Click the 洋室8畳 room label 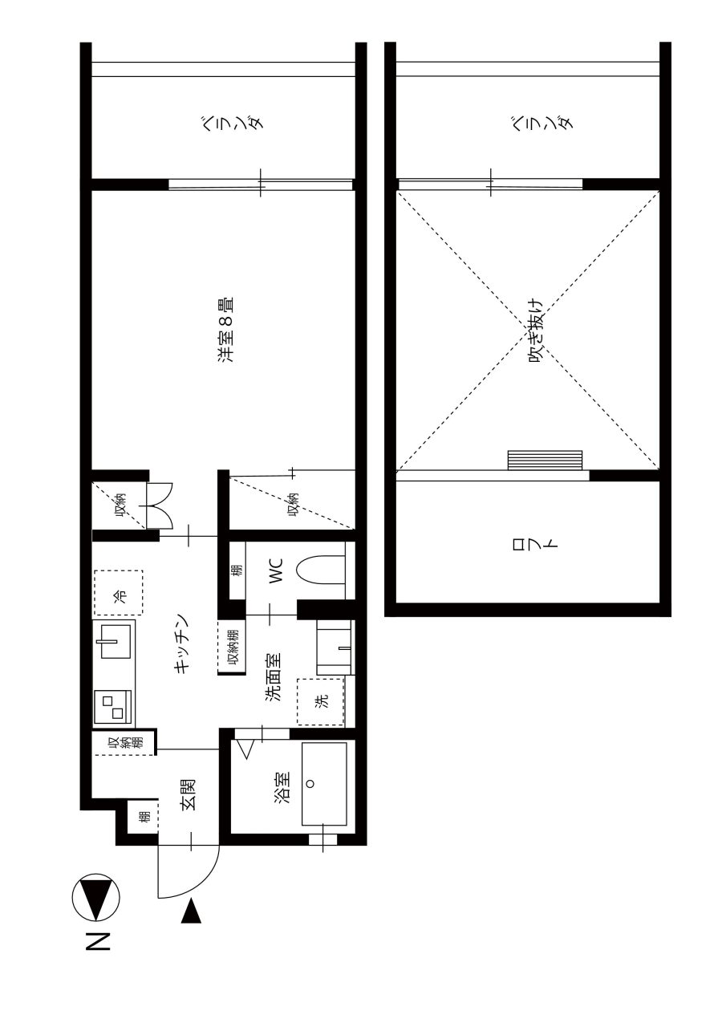point(226,330)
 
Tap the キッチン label point(181,643)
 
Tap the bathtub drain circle point(310,784)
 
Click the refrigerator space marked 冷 point(118,593)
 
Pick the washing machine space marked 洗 point(320,701)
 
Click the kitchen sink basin point(116,641)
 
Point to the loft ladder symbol point(545,461)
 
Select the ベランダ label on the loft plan point(541,123)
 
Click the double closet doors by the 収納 point(159,505)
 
